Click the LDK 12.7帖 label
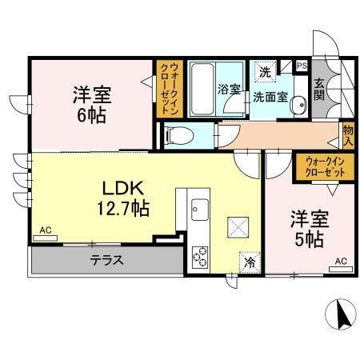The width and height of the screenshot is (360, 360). point(124,197)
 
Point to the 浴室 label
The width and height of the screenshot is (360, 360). point(230,90)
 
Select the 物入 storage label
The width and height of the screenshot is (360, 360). point(349,134)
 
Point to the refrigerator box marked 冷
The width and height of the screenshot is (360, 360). point(250,260)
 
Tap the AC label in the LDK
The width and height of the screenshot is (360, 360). point(46,231)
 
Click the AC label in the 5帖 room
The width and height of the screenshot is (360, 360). point(341,261)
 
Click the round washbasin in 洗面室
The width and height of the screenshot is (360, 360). point(298,103)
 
